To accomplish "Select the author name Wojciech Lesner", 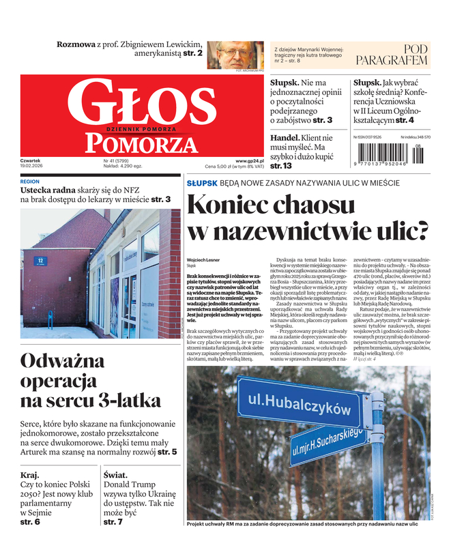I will [x=204, y=260].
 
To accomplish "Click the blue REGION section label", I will [x=30, y=182].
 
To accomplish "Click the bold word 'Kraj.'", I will [x=30, y=474].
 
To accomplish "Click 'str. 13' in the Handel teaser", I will [x=281, y=165].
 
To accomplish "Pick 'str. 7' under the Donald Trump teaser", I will [x=113, y=521].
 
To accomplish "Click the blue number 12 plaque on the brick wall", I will [x=40, y=260].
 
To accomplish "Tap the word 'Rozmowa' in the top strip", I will [x=76, y=44].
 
